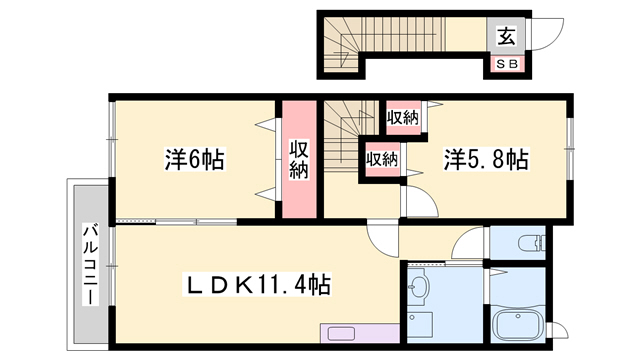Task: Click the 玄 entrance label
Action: pyautogui.click(x=506, y=37)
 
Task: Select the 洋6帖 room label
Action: pyautogui.click(x=193, y=159)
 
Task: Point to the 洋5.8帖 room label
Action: pyautogui.click(x=486, y=159)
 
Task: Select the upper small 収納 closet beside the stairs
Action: pyautogui.click(x=403, y=118)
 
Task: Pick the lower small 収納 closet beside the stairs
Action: pyautogui.click(x=381, y=158)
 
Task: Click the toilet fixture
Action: pyautogui.click(x=529, y=241)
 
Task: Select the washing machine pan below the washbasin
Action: pyautogui.click(x=419, y=326)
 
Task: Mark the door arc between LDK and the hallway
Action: pyautogui.click(x=383, y=239)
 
